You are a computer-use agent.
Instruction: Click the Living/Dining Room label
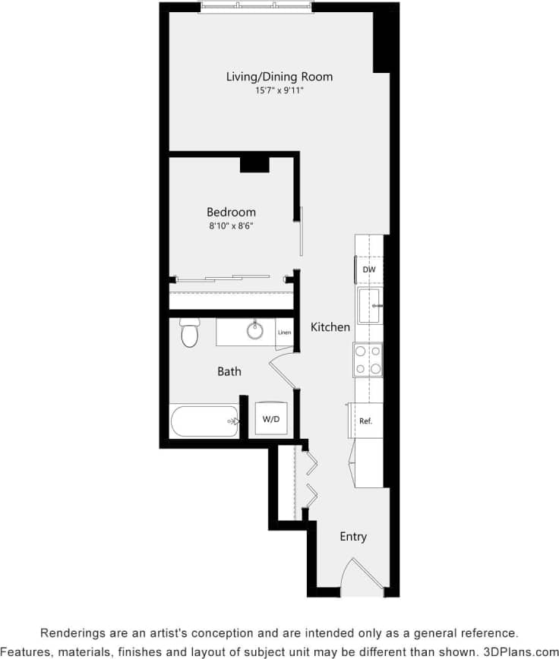pyautogui.click(x=279, y=77)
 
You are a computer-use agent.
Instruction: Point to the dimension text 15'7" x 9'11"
pyautogui.click(x=279, y=91)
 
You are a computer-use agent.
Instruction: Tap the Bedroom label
pyautogui.click(x=231, y=213)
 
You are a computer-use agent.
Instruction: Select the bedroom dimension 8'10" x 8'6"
pyautogui.click(x=231, y=226)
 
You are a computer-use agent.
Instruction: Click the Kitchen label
pyautogui.click(x=330, y=327)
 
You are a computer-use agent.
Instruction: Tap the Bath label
pyautogui.click(x=229, y=371)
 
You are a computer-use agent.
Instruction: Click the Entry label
pyautogui.click(x=353, y=537)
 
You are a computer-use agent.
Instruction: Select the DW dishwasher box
pyautogui.click(x=369, y=270)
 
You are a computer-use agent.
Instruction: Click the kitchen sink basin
pyautogui.click(x=369, y=305)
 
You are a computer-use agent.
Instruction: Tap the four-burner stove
pyautogui.click(x=368, y=361)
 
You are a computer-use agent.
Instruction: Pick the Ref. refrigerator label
pyautogui.click(x=365, y=421)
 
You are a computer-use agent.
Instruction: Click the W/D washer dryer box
pyautogui.click(x=270, y=418)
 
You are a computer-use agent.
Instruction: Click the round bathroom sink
pyautogui.click(x=254, y=331)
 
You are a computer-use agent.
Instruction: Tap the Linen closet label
pyautogui.click(x=284, y=333)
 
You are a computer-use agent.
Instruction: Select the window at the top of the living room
pyautogui.click(x=257, y=7)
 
